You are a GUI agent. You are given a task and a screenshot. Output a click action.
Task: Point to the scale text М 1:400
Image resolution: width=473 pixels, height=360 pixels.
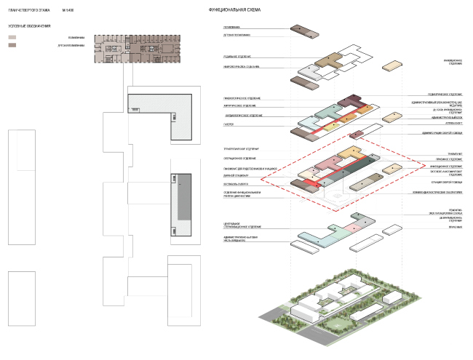(69, 10)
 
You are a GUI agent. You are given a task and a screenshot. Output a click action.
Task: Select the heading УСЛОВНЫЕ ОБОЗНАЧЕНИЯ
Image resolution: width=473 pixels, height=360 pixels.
(30, 26)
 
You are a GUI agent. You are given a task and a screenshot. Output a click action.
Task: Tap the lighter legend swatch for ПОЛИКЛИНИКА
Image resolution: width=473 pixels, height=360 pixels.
(12, 36)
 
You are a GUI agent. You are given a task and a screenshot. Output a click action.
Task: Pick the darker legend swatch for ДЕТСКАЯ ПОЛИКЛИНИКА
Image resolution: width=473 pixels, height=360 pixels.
(12, 45)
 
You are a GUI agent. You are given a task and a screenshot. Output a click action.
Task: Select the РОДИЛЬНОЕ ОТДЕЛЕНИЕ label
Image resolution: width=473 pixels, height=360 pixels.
(236, 56)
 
